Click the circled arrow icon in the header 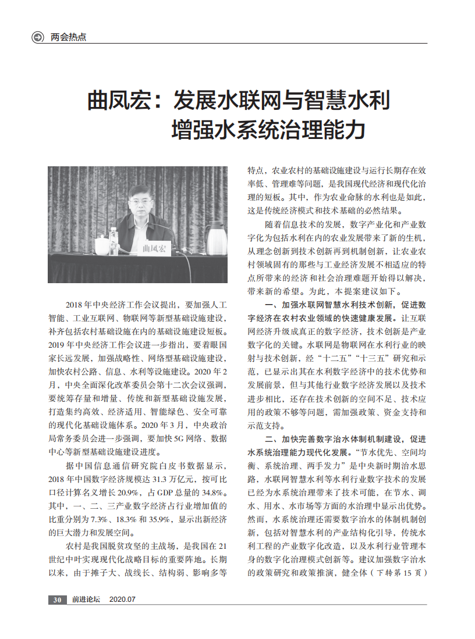click(38, 37)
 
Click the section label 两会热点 click(68, 37)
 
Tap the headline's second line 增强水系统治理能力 click(268, 129)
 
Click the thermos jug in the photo click(215, 238)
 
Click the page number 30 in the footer click(57, 599)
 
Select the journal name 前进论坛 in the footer click(86, 599)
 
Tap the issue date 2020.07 click(122, 599)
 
